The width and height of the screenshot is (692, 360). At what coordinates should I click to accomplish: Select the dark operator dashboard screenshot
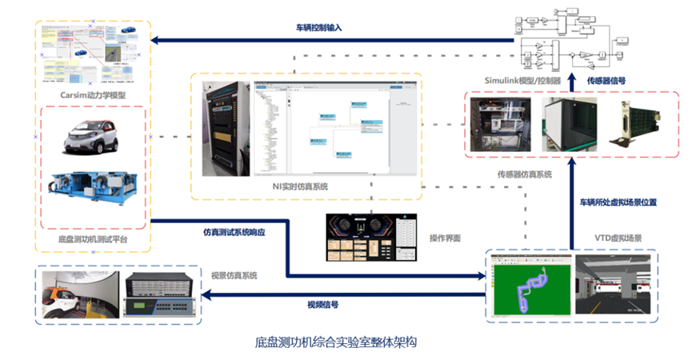click(x=370, y=238)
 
